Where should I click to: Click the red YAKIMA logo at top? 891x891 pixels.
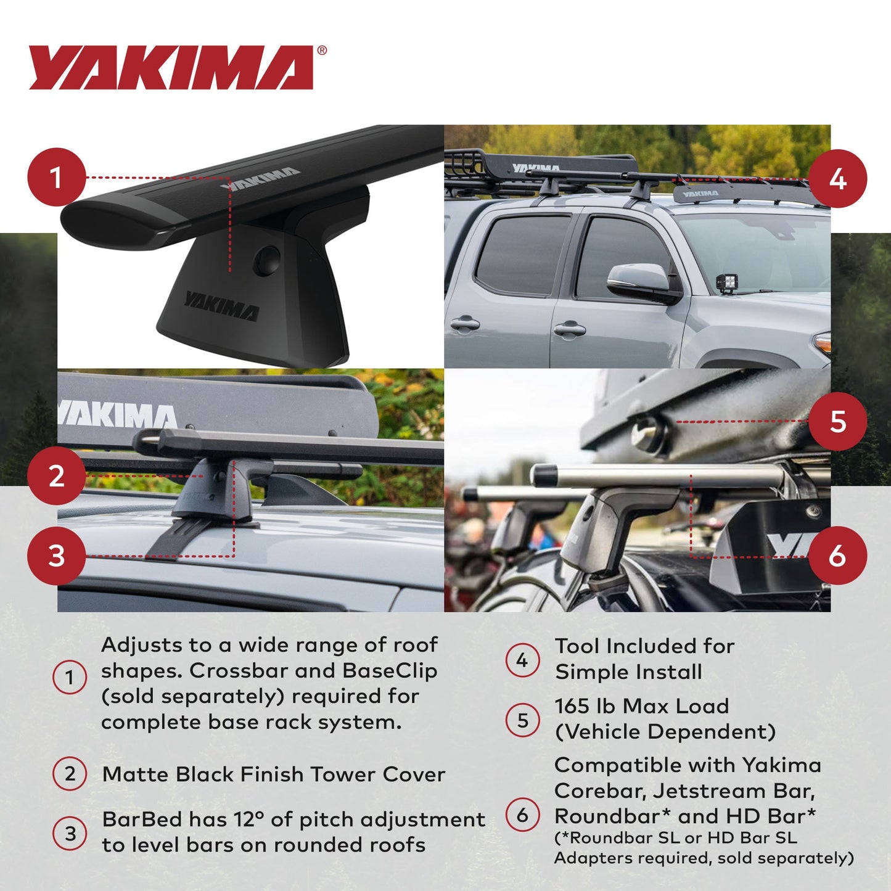171,67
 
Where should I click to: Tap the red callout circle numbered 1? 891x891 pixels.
56,178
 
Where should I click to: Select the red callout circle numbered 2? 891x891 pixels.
56,476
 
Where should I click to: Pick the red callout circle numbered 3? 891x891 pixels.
56,556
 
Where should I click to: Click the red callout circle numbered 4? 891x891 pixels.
837,179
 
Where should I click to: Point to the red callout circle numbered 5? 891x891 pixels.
837,422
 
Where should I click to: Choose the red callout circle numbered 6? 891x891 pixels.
837,556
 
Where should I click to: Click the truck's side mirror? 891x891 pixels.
641,282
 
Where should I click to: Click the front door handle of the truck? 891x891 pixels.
569,330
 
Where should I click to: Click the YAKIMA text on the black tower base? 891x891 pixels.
220,306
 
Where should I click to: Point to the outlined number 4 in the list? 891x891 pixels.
522,660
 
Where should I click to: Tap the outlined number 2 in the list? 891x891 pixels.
70,774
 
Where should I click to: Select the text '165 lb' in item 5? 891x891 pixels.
584,706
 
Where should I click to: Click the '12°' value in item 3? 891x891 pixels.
248,819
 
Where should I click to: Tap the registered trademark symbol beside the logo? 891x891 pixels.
322,51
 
